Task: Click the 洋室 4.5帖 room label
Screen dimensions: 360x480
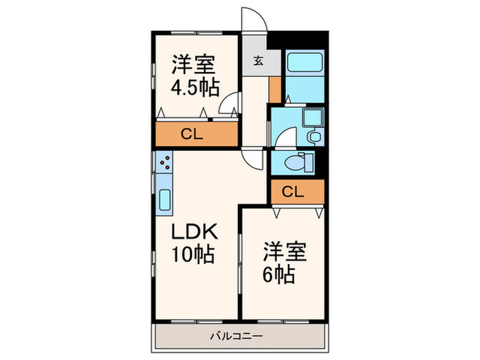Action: pyautogui.click(x=193, y=76)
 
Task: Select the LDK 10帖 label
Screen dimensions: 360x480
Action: pyautogui.click(x=193, y=243)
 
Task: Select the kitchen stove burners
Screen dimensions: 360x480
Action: pyautogui.click(x=165, y=163)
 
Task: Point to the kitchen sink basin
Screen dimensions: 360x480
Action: pyautogui.click(x=165, y=201)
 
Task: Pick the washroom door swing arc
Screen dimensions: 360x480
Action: pyautogui.click(x=283, y=137)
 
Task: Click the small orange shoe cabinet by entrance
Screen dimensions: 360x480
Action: pyautogui.click(x=275, y=89)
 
